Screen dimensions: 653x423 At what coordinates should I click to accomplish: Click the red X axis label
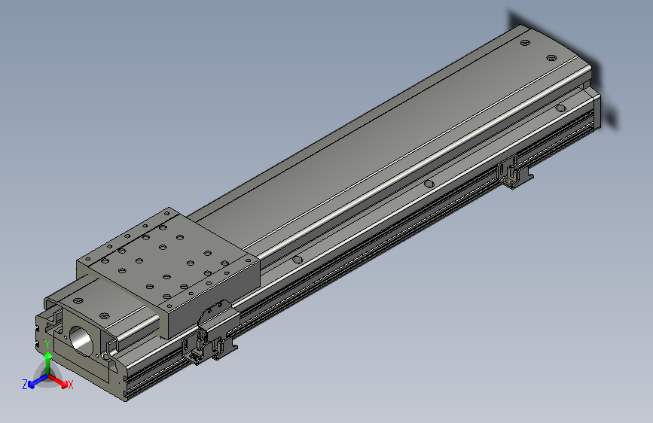(x=70, y=385)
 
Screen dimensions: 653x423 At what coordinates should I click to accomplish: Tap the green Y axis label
(x=47, y=345)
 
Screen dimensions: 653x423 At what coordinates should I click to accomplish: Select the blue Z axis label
(x=25, y=385)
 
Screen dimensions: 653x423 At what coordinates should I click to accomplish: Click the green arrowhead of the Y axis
(x=48, y=356)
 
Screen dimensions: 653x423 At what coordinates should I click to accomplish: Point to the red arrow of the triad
(x=57, y=381)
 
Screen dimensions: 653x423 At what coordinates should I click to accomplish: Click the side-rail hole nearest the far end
(x=560, y=108)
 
